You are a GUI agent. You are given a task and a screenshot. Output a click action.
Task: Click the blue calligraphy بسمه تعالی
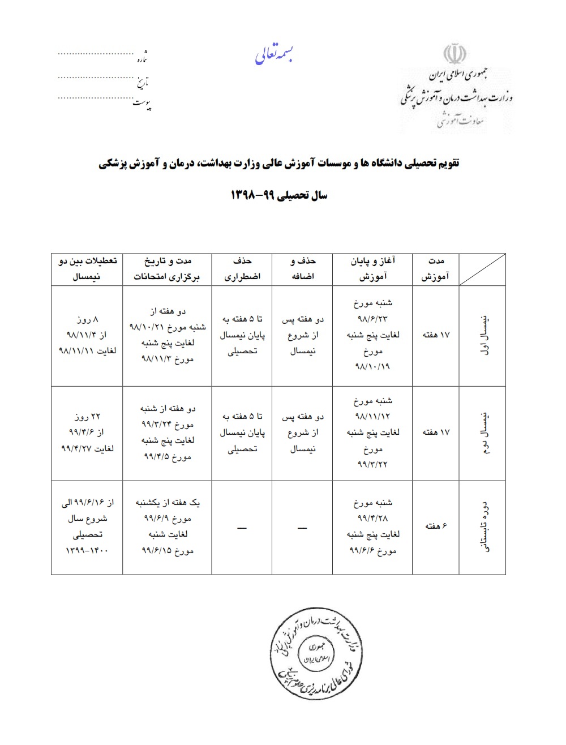(x=275, y=55)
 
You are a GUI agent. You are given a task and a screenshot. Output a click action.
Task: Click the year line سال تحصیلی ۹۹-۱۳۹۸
(x=279, y=196)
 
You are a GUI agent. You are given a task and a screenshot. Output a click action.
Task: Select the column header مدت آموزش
(x=437, y=269)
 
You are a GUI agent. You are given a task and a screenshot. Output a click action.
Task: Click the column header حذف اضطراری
(x=242, y=269)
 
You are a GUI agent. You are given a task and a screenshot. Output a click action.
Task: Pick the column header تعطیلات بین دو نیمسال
(x=88, y=269)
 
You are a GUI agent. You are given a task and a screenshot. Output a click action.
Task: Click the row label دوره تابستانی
(x=483, y=526)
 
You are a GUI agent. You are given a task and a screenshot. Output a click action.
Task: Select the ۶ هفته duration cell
(x=436, y=526)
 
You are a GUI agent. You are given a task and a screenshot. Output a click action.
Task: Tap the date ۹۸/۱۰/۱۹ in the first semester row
(x=374, y=366)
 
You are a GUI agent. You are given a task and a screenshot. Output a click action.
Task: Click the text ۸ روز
(x=88, y=319)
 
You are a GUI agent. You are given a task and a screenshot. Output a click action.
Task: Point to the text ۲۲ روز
(x=88, y=417)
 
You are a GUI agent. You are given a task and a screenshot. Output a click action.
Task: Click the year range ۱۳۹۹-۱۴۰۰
(x=88, y=550)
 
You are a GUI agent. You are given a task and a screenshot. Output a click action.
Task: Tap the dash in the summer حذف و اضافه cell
(x=302, y=528)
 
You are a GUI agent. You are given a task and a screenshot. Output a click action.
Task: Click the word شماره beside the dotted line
(x=142, y=58)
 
